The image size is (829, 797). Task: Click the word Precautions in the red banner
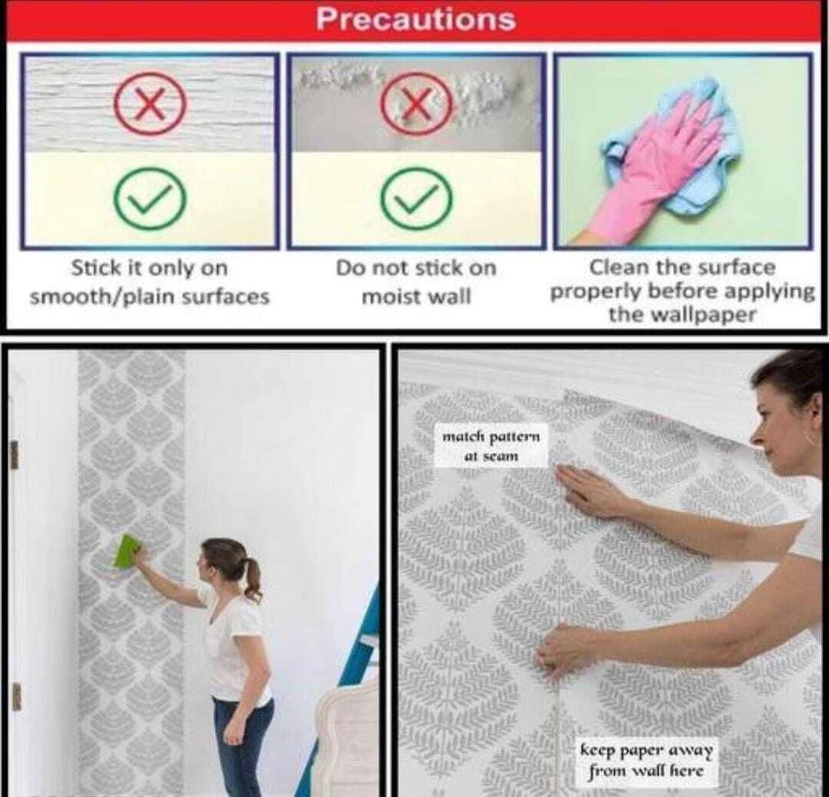tap(415, 20)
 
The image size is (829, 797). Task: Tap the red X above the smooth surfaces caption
tap(151, 103)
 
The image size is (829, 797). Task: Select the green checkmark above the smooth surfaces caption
tap(151, 199)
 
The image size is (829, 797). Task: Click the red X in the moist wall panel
tap(417, 103)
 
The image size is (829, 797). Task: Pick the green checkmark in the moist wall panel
tap(417, 199)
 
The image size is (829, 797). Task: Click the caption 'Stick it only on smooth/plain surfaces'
tap(149, 282)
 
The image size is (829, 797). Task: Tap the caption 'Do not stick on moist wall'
tap(416, 282)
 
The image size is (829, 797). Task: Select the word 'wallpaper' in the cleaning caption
tap(703, 315)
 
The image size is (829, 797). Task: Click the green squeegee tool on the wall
tap(127, 552)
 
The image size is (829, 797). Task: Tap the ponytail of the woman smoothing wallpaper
tap(253, 579)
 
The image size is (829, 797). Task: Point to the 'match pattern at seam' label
tap(491, 446)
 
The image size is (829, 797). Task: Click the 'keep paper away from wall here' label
tap(647, 759)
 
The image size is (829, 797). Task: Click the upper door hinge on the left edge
tap(14, 455)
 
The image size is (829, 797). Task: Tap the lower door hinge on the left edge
tap(16, 697)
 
